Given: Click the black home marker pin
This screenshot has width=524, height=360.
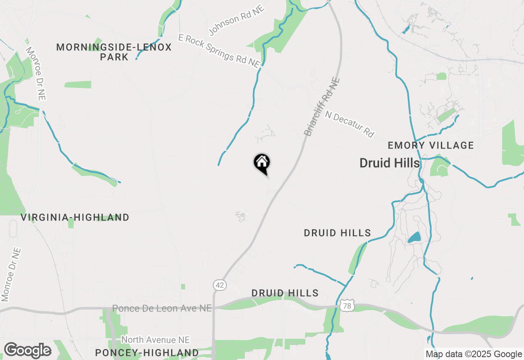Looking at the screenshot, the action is coord(262,163).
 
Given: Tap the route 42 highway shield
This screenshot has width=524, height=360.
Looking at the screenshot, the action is coord(219,285).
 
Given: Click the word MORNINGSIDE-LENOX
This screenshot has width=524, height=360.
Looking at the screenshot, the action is coord(114,47).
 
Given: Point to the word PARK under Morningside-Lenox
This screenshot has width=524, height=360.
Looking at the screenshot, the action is coord(114,57).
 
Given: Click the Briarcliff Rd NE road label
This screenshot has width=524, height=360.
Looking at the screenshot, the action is coord(322,107).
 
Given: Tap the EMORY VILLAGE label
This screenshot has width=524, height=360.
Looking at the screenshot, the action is coord(431,145).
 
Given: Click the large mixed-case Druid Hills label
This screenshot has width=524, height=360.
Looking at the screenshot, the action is coord(390,163).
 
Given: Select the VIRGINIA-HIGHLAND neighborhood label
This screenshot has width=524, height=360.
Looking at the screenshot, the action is coord(75,217).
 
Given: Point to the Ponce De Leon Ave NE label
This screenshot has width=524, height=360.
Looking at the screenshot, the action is coord(162,308).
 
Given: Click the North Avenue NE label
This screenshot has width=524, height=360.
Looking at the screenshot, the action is coord(156,340).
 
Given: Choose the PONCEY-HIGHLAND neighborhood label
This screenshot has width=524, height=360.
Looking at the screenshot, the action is coord(147,352).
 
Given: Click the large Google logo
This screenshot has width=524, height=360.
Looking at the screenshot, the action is coord(27,350).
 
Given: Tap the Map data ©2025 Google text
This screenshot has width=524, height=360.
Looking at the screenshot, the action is coord(474,354).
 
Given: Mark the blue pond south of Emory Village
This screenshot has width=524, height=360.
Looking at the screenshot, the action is coord(414,237).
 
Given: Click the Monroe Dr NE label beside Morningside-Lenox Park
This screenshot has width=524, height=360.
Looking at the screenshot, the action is coord(36,74).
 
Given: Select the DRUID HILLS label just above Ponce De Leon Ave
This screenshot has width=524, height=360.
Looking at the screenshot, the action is coord(285,293).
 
